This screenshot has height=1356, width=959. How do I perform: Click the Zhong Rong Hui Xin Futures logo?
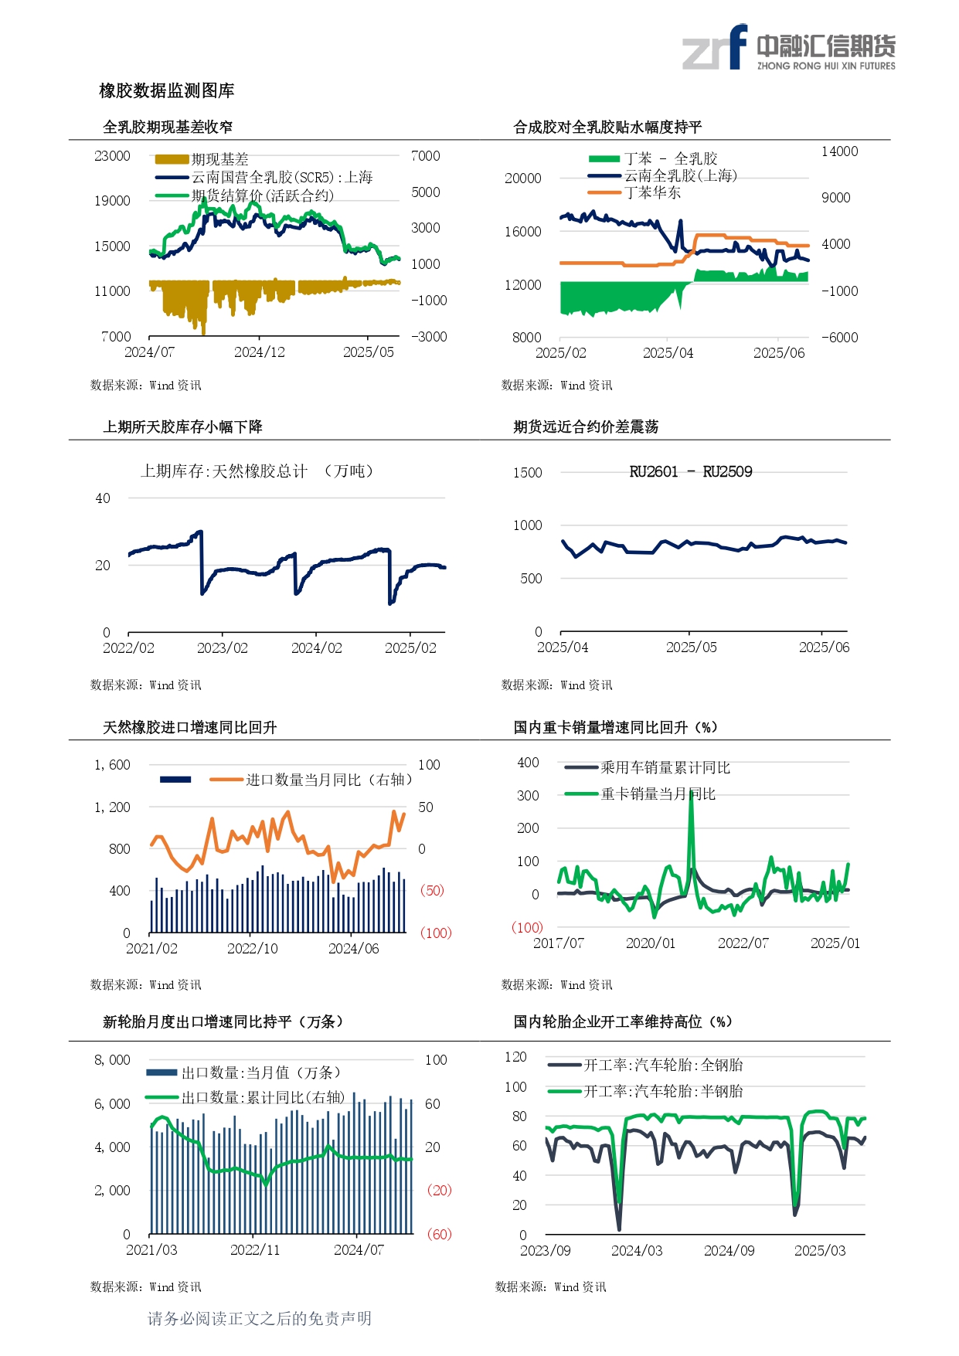click(x=788, y=48)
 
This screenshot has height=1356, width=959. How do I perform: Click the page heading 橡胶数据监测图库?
click(x=167, y=91)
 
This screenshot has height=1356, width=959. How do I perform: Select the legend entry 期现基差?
click(x=219, y=159)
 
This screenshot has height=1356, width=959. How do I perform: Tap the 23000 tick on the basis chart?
click(x=112, y=156)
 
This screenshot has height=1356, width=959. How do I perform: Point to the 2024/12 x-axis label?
click(x=259, y=352)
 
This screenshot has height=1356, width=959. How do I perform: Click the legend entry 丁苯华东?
click(x=652, y=192)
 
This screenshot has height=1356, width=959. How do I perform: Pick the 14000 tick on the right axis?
click(x=839, y=151)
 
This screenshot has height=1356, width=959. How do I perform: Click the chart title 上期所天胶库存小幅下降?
click(x=183, y=427)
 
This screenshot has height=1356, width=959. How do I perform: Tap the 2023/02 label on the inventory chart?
click(x=223, y=648)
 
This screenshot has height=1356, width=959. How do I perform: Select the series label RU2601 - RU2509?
click(x=690, y=472)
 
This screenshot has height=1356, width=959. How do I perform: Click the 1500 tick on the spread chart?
click(x=528, y=473)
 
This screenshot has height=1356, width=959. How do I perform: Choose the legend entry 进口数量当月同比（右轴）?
click(x=329, y=780)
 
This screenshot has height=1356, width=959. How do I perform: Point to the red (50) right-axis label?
click(x=432, y=891)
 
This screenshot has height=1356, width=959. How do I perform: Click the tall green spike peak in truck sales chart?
click(x=691, y=793)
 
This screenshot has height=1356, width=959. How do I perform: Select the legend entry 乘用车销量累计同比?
click(x=665, y=768)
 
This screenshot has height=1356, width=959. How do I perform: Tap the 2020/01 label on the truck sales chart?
click(x=650, y=943)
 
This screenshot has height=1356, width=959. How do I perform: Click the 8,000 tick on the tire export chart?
click(x=112, y=1060)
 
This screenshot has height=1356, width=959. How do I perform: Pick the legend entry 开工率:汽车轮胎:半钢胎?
click(x=662, y=1092)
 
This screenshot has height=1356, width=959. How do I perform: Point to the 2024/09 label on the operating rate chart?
click(x=729, y=1251)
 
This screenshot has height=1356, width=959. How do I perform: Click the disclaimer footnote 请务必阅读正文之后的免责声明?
click(x=260, y=1319)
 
